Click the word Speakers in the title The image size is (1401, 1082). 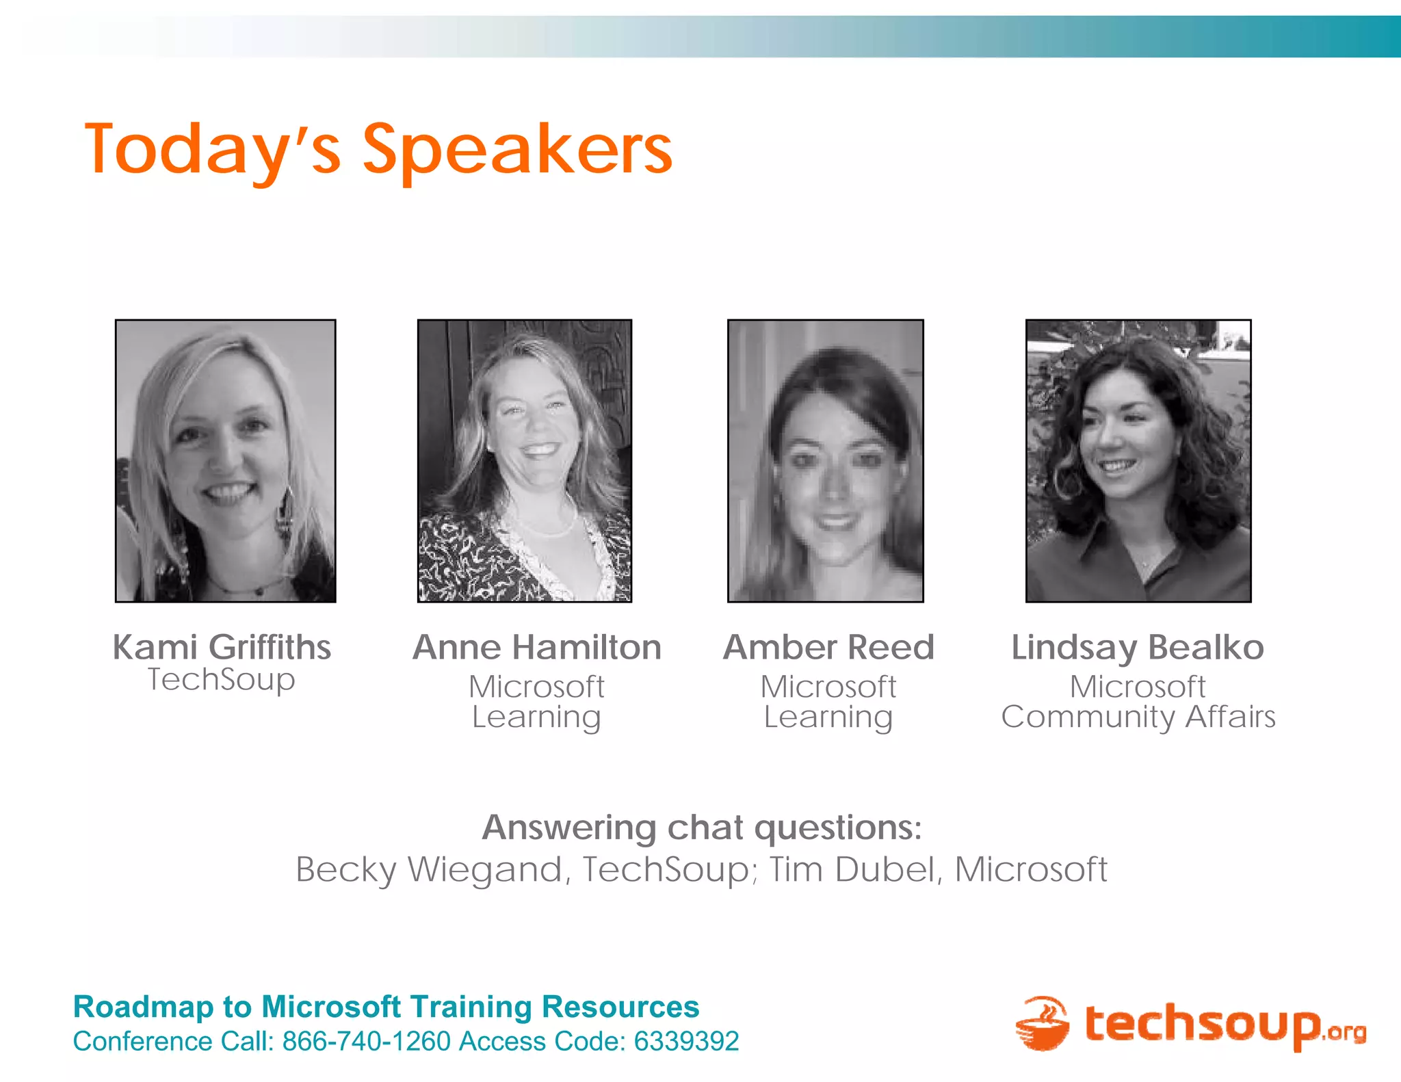click(x=517, y=150)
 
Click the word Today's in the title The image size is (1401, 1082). click(x=212, y=150)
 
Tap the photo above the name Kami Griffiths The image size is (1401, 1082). click(x=225, y=460)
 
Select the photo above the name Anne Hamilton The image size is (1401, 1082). click(x=525, y=460)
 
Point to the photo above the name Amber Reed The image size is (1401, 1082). click(x=825, y=460)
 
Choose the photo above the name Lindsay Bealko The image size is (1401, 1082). click(x=1138, y=460)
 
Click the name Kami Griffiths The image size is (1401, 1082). click(x=222, y=647)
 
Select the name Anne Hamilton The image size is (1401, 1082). click(x=537, y=647)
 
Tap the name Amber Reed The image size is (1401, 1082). click(x=828, y=647)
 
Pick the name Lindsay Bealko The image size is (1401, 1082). click(x=1138, y=647)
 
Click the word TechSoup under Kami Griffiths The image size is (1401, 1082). click(x=222, y=680)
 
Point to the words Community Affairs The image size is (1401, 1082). click(x=1138, y=717)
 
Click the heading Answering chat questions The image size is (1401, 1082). click(x=702, y=828)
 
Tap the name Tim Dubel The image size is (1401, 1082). click(x=852, y=870)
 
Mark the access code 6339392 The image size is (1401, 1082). click(x=686, y=1042)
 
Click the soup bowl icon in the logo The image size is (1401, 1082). click(x=1042, y=1024)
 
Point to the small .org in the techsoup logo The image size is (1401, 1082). click(x=1346, y=1031)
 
